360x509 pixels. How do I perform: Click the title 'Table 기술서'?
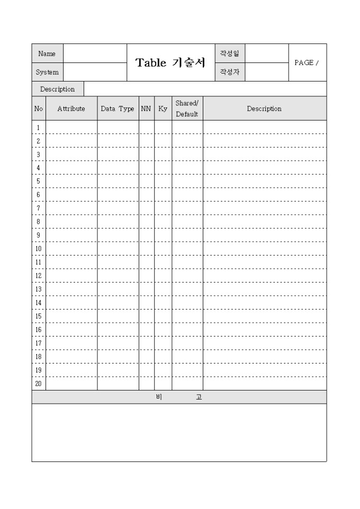tap(170, 62)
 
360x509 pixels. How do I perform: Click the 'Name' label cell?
tap(47, 53)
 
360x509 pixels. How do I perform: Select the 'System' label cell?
tap(47, 72)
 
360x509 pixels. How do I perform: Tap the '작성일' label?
tap(230, 53)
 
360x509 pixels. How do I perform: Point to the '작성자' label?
tap(230, 72)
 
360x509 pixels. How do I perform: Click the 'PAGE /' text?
tap(307, 62)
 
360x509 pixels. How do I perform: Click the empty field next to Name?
tap(95, 53)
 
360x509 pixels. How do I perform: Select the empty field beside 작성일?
tap(267, 53)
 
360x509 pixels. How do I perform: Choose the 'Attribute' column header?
tap(71, 108)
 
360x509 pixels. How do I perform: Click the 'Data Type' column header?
tap(118, 108)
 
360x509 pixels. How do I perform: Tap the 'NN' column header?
tap(146, 108)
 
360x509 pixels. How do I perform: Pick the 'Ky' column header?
tap(163, 108)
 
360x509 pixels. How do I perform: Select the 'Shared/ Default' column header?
tap(187, 108)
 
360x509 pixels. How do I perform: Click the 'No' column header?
tap(39, 108)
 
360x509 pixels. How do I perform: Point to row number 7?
tap(39, 208)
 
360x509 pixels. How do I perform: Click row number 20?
tap(39, 384)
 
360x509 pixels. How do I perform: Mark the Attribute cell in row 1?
tap(71, 128)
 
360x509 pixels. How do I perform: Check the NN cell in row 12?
tap(146, 276)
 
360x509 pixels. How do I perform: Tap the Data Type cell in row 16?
tap(118, 330)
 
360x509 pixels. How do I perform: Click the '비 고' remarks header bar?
tap(179, 397)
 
